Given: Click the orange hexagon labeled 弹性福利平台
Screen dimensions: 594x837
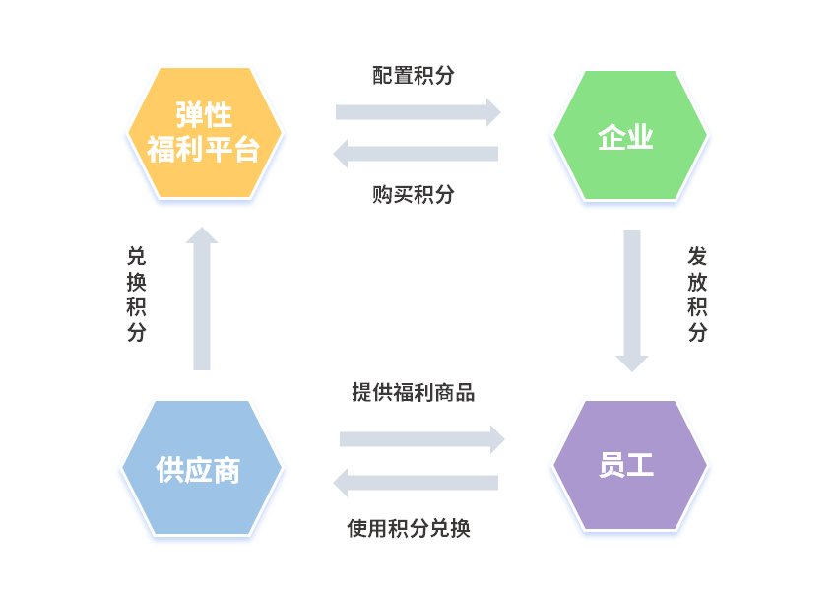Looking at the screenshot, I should coord(205,167).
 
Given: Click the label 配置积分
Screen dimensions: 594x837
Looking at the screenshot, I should coord(414,76).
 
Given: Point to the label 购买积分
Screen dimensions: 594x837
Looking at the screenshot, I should coord(414,194).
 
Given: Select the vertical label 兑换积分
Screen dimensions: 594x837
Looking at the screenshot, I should coord(137,294).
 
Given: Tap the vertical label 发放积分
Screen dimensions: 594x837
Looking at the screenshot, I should coord(698,294).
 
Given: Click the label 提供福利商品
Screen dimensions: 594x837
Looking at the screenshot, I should coord(414,393).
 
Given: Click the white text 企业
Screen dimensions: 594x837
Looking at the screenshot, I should coord(626,137).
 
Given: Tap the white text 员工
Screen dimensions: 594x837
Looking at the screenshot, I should coord(626,466).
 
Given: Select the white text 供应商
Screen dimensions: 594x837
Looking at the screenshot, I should coord(198,470).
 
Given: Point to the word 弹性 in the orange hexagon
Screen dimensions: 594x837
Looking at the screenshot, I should coord(204,115).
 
